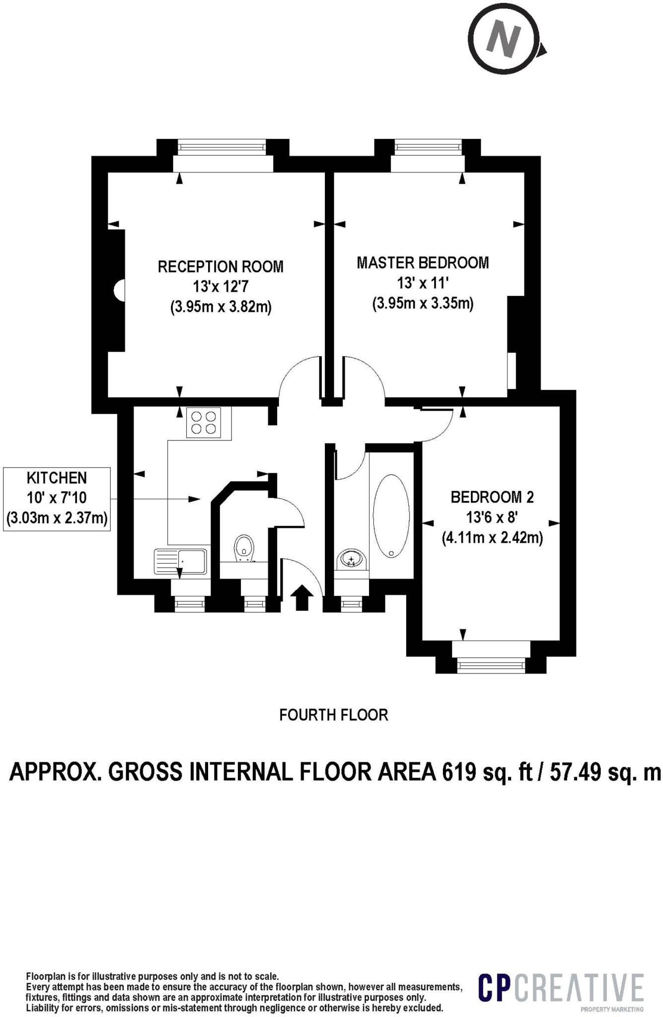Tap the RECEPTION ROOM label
(x=221, y=267)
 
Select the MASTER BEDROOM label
(x=423, y=263)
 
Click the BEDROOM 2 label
(x=492, y=497)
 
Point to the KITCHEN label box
(x=57, y=499)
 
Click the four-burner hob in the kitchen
(x=209, y=423)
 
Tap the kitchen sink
(x=180, y=562)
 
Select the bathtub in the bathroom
(x=391, y=516)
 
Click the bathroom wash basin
(x=352, y=560)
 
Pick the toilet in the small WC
(x=244, y=547)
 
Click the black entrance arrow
(x=302, y=598)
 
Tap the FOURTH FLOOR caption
(x=334, y=715)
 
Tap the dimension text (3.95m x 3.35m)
(x=423, y=303)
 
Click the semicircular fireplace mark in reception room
(x=120, y=290)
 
